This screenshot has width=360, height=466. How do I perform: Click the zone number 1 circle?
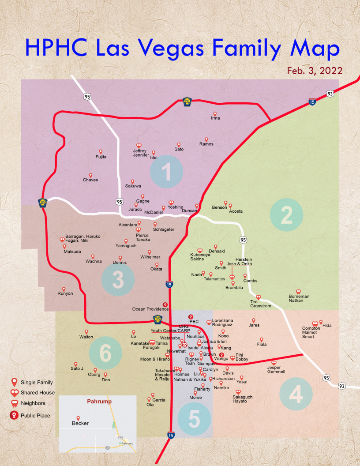tap(166, 172)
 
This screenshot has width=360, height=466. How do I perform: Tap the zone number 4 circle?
tap(296, 394)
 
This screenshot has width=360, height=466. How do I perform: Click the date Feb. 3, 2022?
tap(315, 71)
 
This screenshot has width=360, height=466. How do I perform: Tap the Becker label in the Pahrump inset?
tap(80, 423)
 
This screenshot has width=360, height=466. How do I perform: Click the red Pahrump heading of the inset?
tap(99, 402)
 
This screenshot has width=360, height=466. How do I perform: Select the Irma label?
tap(215, 118)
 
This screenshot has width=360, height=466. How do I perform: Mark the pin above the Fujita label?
tap(101, 151)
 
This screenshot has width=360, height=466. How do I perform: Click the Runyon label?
tap(65, 293)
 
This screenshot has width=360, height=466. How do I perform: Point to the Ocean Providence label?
tap(150, 309)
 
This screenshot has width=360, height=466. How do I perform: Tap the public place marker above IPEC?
tap(191, 316)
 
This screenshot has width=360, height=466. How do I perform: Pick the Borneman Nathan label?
tap(299, 298)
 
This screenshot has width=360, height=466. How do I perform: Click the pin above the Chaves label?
tap(90, 175)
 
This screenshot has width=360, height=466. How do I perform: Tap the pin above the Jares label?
tap(254, 320)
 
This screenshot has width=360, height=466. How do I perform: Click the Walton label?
tap(86, 337)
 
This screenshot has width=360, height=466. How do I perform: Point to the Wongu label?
tap(221, 359)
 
